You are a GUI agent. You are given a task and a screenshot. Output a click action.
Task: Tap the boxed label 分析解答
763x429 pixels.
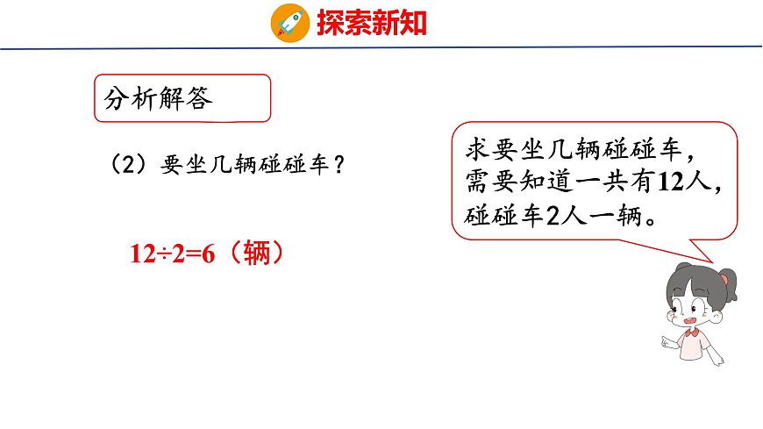(x=159, y=99)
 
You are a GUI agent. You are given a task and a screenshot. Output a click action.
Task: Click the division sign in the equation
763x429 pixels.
(x=159, y=254)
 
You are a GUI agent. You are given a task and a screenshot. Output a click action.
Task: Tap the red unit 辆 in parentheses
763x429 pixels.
(x=251, y=254)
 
